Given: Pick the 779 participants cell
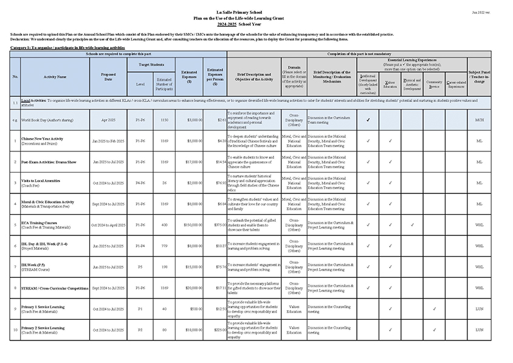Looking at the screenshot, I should click(164, 246).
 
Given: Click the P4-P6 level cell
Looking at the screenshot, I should click(140, 183).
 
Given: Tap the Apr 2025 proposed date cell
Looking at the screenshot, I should click(108, 120).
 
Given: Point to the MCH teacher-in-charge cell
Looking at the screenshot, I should click(479, 120).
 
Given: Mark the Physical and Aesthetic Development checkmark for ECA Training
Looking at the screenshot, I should click(412, 225).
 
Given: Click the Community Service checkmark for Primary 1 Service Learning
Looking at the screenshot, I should click(434, 308).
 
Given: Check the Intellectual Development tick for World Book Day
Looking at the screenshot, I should click(368, 120).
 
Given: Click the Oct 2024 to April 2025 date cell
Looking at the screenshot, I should click(108, 225).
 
